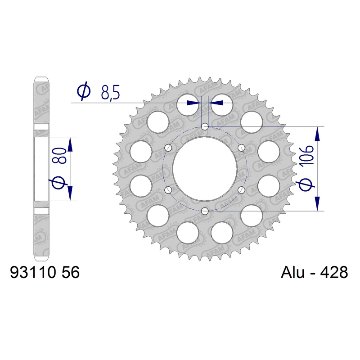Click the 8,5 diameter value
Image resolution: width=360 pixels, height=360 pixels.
click(x=110, y=93)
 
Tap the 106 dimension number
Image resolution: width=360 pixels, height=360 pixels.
click(x=306, y=155)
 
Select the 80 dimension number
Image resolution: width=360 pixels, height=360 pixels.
click(x=59, y=155)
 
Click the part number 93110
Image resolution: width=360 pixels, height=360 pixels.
click(x=33, y=273)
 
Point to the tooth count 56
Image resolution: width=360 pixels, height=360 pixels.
click(x=71, y=273)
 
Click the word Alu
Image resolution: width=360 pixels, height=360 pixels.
click(x=292, y=273)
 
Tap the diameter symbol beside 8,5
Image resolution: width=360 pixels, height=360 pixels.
click(x=84, y=91)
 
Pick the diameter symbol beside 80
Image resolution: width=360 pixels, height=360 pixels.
click(x=59, y=182)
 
